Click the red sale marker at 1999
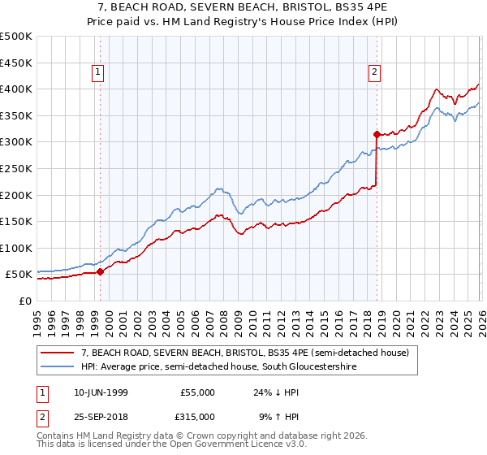[x=100, y=272]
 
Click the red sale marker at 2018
[x=377, y=134]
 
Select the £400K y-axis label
[x=16, y=89]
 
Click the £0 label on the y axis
[x=24, y=301]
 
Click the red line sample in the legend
[x=58, y=353]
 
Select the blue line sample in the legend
[x=58, y=367]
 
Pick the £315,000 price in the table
[x=197, y=416]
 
